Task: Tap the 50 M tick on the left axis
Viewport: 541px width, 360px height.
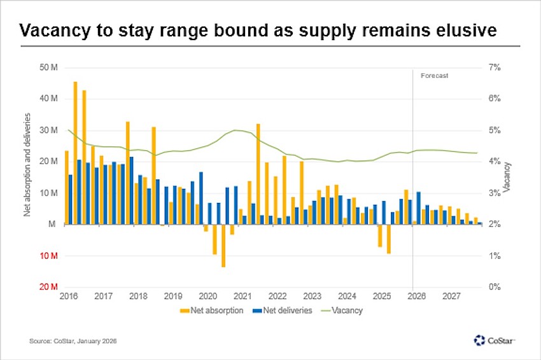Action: coord(48,67)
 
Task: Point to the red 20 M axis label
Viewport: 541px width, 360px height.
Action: coord(48,287)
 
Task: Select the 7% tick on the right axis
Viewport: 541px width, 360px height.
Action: coord(495,67)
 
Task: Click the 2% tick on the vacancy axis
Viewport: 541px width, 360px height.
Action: coord(495,225)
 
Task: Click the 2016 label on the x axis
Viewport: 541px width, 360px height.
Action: coord(69,296)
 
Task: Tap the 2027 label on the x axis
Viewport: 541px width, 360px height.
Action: coord(451,296)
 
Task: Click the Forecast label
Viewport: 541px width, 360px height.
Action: coord(435,75)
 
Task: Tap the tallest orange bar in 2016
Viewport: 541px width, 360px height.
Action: coord(75,153)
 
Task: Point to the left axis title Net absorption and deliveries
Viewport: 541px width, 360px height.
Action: coord(27,165)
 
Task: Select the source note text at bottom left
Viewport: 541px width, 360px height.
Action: coord(73,342)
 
